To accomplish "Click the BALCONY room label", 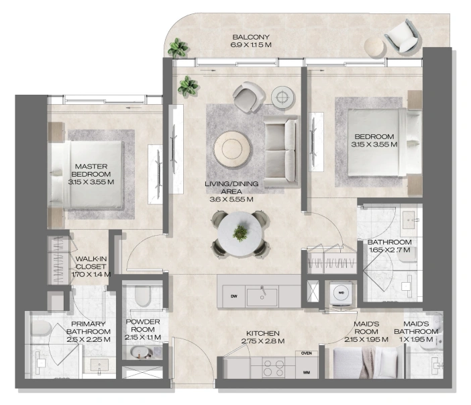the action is pos(251,38).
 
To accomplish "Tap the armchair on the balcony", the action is pos(402,36).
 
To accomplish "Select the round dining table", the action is pos(240,234).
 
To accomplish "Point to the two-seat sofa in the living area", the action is pos(281,151).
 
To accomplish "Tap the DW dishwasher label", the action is pos(234,296).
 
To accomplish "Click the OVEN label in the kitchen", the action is pos(307,353).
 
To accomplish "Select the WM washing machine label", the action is pos(307,373).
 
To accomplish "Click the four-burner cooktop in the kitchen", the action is pos(273,368).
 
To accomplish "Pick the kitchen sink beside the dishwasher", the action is pos(262,297).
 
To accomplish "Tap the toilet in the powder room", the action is pos(142,296).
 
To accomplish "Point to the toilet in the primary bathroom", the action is pos(41,328).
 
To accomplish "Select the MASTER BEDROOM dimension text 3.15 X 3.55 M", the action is pos(91,182).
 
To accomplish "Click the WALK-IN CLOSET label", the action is pos(91,263).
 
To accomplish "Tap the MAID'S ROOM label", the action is pos(366,328).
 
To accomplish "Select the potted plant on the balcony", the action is pos(178,48).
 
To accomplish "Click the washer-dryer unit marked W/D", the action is pos(341,293).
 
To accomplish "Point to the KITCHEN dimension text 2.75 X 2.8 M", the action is pos(263,341).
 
